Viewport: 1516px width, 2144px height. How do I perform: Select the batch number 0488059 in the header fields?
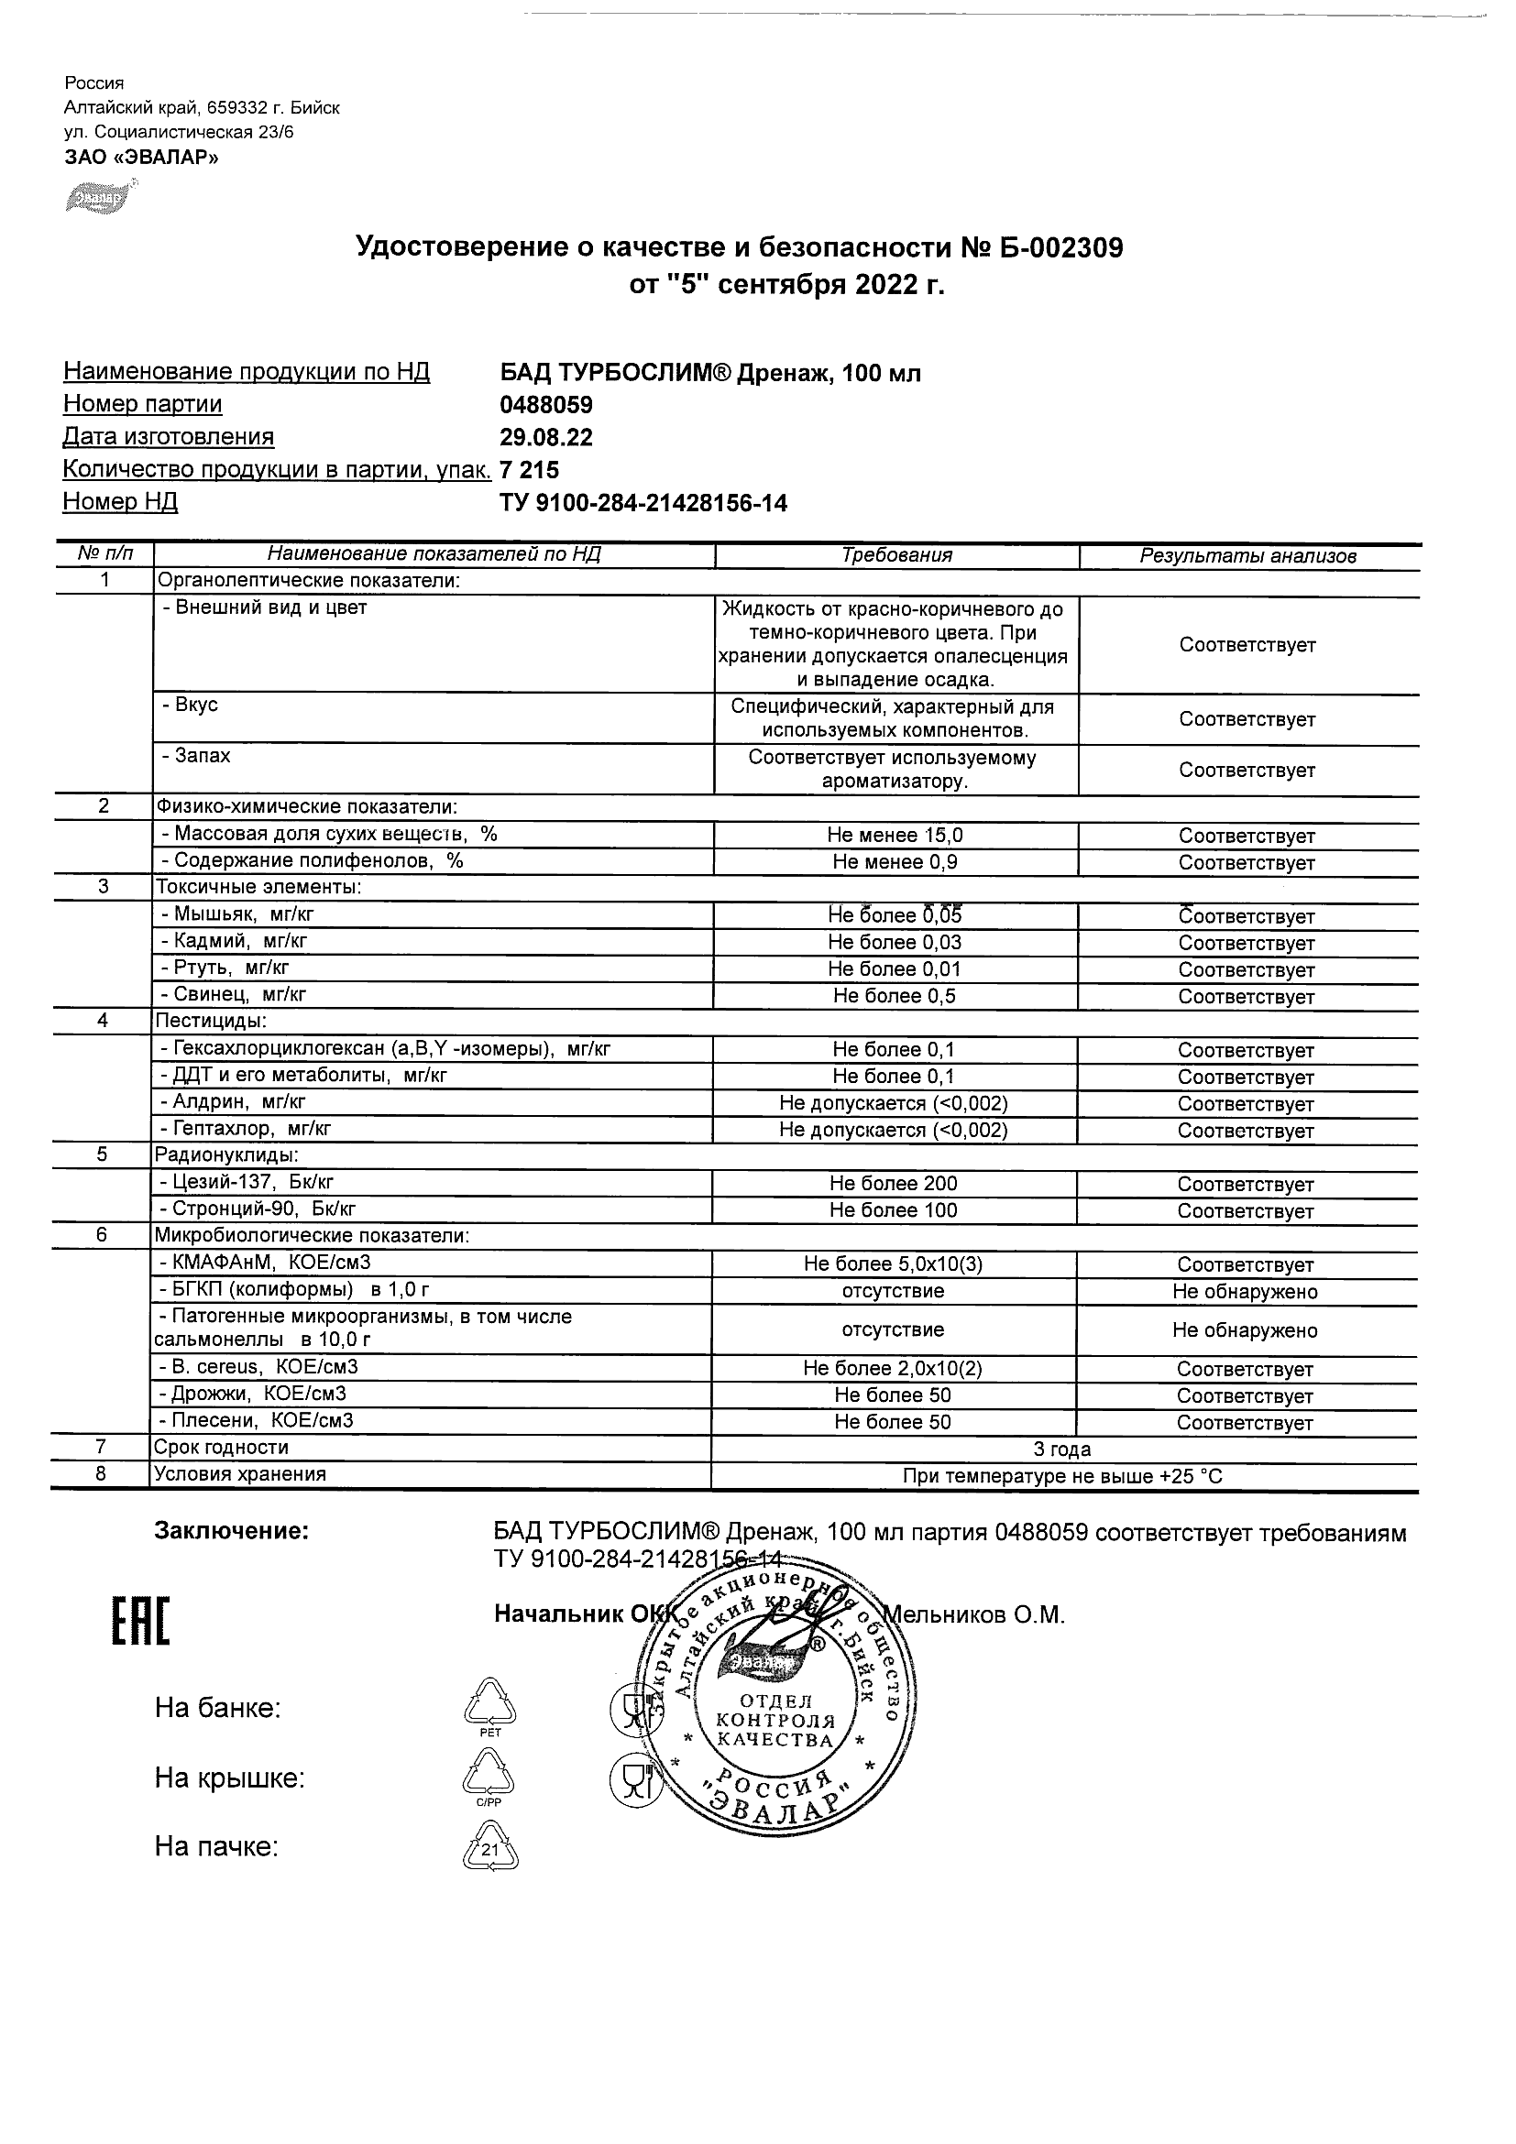click(x=546, y=404)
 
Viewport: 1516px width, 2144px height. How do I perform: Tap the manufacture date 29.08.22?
click(x=546, y=437)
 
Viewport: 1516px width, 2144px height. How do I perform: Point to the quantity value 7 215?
click(x=530, y=470)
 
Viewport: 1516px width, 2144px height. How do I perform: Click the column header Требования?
click(x=896, y=555)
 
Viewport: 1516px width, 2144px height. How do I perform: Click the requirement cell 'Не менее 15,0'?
click(x=895, y=836)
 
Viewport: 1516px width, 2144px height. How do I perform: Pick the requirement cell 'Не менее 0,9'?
click(x=895, y=862)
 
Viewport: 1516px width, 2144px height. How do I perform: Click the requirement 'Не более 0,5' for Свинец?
click(x=895, y=996)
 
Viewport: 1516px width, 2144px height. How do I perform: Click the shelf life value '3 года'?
click(x=1062, y=1449)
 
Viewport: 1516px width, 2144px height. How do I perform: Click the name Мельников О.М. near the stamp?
click(x=975, y=1614)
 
